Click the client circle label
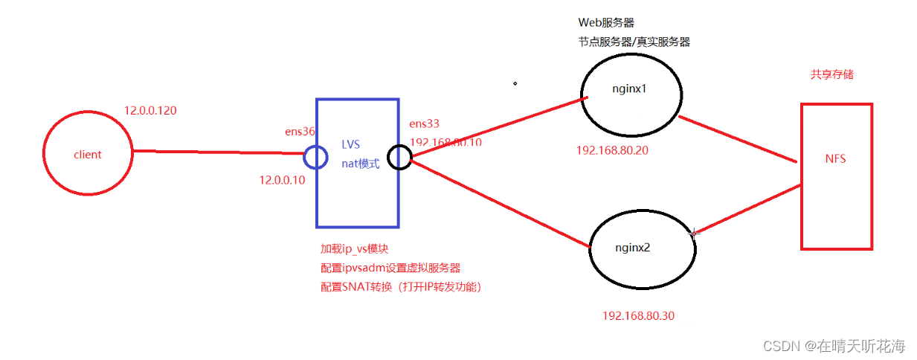[88, 155]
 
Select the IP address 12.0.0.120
[150, 111]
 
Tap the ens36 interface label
[300, 132]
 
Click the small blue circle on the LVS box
[315, 157]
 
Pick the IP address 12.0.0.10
[282, 180]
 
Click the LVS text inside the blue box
[350, 144]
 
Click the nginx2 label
[633, 247]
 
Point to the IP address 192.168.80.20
[612, 150]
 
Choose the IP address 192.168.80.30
[638, 315]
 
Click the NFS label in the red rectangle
[835, 158]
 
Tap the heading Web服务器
[606, 23]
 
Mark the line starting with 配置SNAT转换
[401, 287]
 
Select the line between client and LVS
[216, 152]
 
